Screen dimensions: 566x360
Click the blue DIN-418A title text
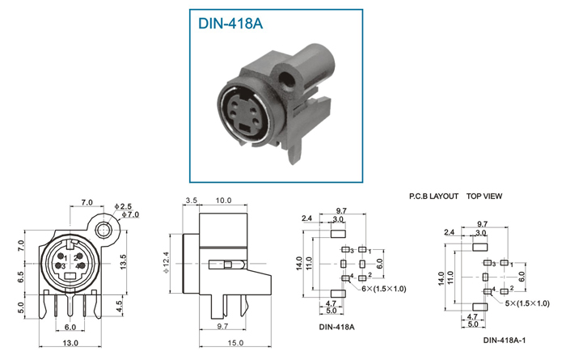coord(230,23)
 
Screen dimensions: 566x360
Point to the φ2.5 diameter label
coord(123,206)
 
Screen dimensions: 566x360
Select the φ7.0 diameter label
coord(130,214)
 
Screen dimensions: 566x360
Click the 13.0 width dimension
coord(70,343)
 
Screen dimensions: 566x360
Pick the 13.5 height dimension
coord(124,262)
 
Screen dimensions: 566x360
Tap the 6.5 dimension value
coord(20,277)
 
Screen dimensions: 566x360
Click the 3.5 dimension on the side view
coord(191,201)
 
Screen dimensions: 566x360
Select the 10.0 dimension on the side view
coord(223,201)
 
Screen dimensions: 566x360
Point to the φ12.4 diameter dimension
coord(166,262)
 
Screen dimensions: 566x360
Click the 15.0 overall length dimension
coord(235,343)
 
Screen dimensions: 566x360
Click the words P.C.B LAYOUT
coord(433,197)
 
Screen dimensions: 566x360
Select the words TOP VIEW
coord(484,197)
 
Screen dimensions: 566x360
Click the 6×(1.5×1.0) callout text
coord(384,289)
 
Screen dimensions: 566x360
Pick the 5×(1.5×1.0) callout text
coord(527,303)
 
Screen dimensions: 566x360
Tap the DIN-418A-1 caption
coord(505,340)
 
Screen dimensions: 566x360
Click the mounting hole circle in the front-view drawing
coord(103,230)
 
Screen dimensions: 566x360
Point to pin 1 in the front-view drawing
coord(61,257)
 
